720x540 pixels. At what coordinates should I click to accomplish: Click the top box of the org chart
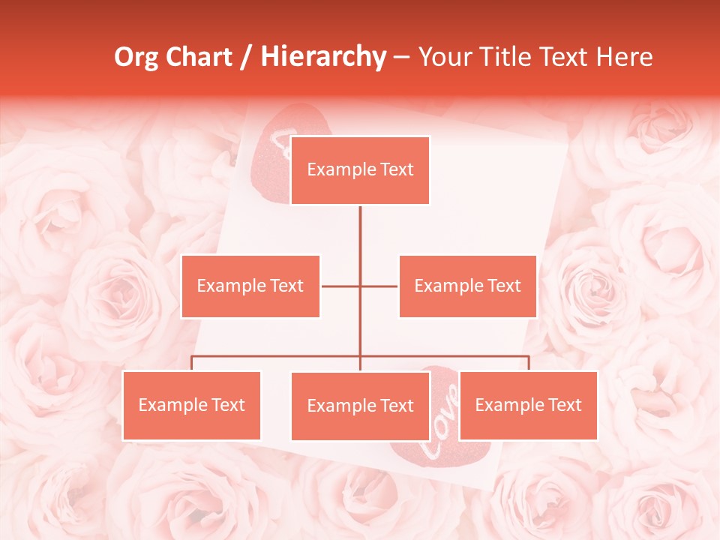360,170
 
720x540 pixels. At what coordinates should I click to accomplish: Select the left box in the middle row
250,286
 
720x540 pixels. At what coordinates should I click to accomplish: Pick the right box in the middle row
467,286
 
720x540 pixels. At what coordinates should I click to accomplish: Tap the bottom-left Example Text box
192,405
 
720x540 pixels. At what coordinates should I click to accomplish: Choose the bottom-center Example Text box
360,406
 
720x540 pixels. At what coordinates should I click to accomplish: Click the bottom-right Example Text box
528,405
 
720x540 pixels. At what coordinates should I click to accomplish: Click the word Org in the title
135,57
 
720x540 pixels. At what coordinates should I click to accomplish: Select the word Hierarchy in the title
323,57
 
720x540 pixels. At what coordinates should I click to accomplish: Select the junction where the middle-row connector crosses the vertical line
360,286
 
